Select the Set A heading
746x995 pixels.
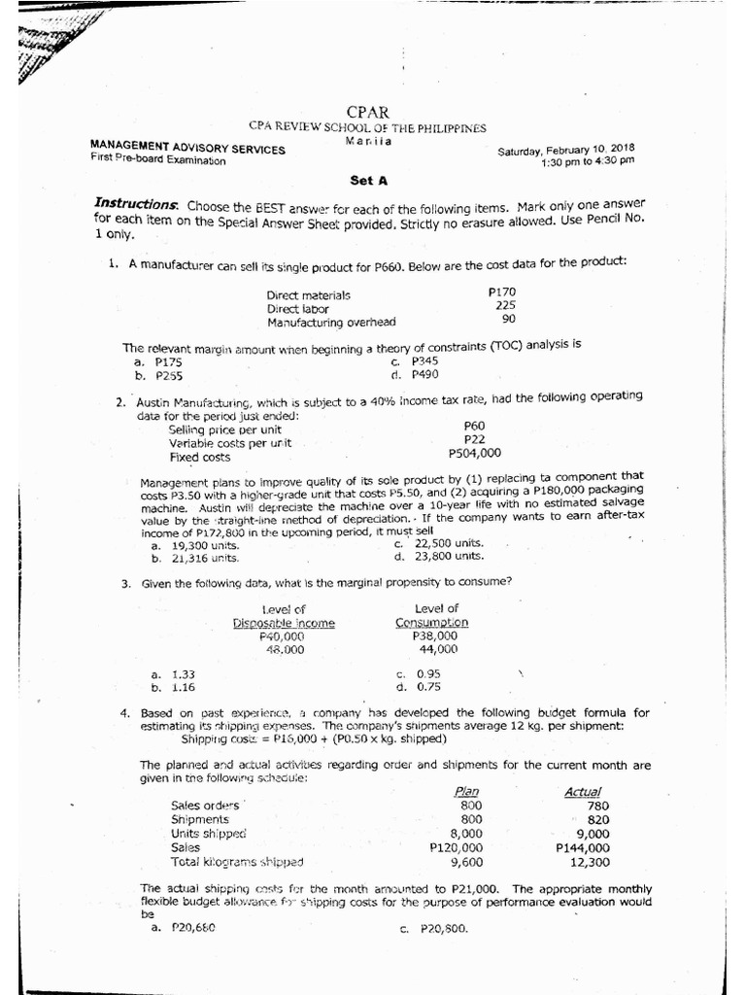tap(368, 180)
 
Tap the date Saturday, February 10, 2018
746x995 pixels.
tap(566, 151)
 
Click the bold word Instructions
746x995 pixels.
tap(136, 205)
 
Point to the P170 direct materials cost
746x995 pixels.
tap(502, 292)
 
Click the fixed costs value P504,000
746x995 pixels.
tap(475, 453)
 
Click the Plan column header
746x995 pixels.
tap(467, 792)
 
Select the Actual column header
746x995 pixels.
tap(583, 792)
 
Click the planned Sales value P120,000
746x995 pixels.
tap(456, 847)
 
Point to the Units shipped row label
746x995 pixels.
tap(209, 833)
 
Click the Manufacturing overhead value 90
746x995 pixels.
tap(508, 319)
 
